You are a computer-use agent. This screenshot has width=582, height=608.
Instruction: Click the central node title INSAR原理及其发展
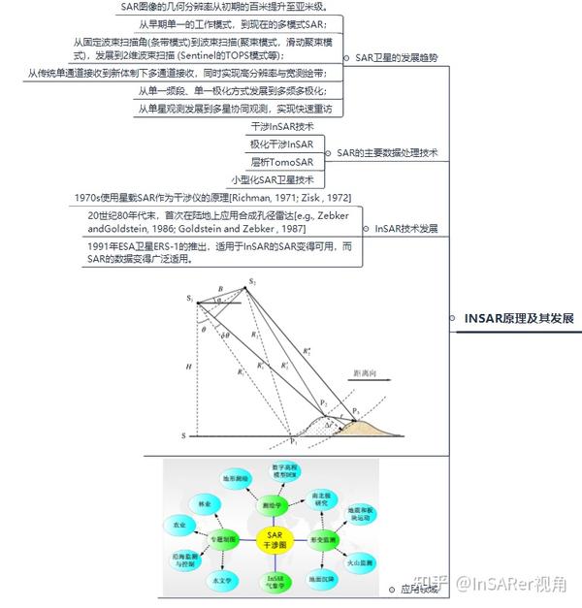tap(519, 318)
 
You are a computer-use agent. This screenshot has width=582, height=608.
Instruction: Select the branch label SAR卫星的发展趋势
tap(397, 58)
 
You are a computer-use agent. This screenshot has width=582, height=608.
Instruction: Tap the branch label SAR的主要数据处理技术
tap(388, 153)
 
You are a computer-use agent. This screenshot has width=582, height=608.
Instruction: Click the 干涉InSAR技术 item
tap(282, 127)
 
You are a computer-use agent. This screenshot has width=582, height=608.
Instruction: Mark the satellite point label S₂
tap(251, 281)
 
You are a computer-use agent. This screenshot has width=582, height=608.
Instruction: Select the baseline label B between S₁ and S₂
tap(221, 289)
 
